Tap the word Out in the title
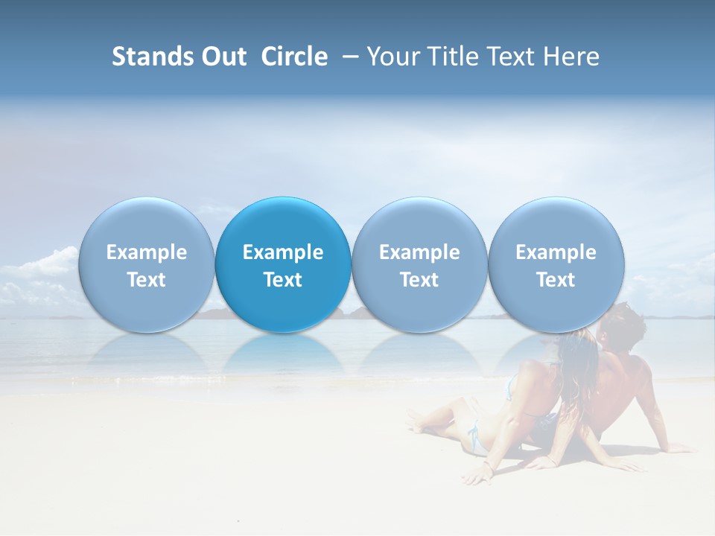223,57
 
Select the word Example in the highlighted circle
283,252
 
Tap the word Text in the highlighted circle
283,280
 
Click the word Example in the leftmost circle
147,252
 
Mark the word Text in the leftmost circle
147,280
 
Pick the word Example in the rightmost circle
556,252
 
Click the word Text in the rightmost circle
556,280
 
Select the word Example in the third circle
419,252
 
